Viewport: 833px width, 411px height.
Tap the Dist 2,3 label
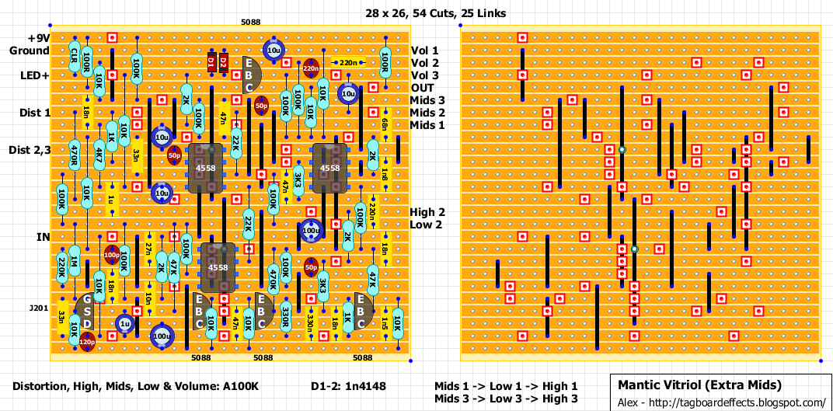pos(30,150)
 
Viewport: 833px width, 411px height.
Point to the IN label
pos(43,236)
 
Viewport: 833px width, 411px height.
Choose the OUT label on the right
pos(423,88)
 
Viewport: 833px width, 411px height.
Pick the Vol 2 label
pos(424,63)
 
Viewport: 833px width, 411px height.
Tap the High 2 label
pos(427,212)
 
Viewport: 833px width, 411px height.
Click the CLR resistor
pos(74,56)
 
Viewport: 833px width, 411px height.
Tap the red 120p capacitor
pos(86,342)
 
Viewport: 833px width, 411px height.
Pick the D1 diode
pos(211,62)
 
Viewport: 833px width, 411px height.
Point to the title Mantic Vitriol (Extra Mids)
pos(699,385)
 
